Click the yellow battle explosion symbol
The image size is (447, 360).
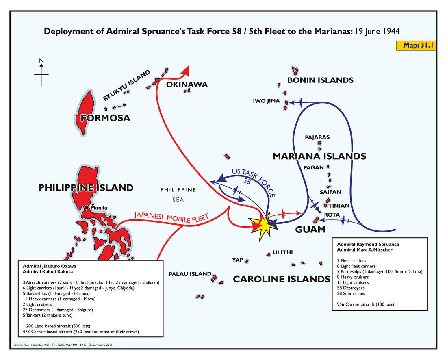tap(263, 226)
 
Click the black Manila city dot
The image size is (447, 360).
tap(87, 208)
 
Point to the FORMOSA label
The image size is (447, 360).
tap(105, 118)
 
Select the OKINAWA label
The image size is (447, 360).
tap(187, 85)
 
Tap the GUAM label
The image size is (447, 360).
tap(310, 230)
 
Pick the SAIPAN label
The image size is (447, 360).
tap(330, 192)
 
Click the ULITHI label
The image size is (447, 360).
tap(283, 252)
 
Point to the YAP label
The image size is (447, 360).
tap(238, 260)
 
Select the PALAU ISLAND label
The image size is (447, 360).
tap(190, 274)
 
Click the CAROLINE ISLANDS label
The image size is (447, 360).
tap(281, 280)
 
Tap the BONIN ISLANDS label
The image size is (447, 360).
tap(320, 80)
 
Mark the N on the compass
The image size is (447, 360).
tap(41, 61)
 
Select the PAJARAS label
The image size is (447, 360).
tap(317, 137)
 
